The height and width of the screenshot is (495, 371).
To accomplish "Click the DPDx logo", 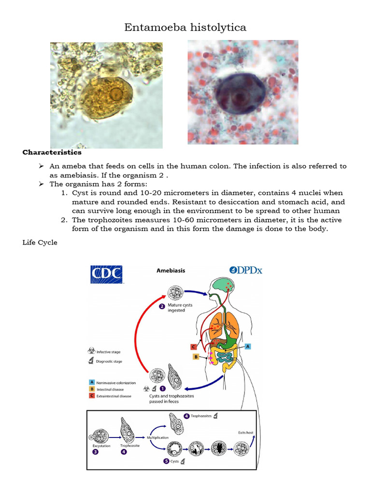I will coord(246,270).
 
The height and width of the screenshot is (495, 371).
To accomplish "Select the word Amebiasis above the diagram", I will coord(171,271).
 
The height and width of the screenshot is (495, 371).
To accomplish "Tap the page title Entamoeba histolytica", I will coord(185,28).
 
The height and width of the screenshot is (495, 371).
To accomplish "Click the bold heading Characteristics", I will coord(52,153).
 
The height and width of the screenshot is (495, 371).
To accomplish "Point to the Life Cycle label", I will coord(40,243).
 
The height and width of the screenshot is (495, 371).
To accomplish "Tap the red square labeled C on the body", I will coord(194,347).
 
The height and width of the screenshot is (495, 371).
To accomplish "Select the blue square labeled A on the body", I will coord(248,346).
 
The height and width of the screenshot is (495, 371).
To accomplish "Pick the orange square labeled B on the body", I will coord(196,357).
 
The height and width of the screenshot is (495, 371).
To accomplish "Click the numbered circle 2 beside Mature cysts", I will coord(162,306).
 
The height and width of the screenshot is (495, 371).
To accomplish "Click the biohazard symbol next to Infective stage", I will coord(92,352).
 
